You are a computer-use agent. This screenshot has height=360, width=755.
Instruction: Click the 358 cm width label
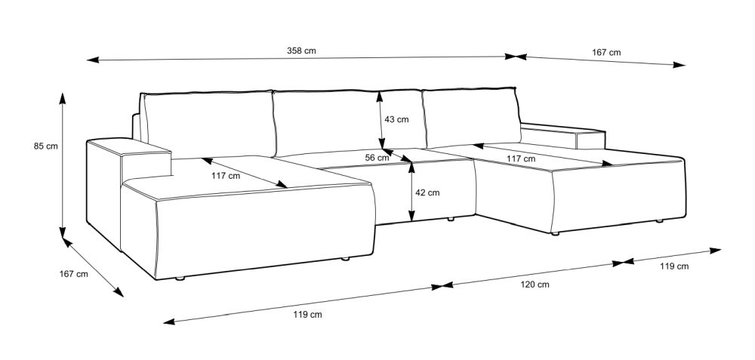point(301,51)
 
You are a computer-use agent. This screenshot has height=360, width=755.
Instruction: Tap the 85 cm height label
point(46,146)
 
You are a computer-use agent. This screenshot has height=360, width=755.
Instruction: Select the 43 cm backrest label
point(396,119)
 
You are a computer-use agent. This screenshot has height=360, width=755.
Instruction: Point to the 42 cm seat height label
point(427,193)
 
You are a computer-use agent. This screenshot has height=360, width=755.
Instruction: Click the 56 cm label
point(377,158)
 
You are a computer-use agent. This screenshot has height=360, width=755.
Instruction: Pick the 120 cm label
point(535,285)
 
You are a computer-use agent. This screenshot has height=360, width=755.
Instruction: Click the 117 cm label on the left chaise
point(225,176)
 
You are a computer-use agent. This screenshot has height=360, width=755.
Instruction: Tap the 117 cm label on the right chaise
point(520,158)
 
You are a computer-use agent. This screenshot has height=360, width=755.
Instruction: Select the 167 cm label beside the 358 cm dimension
point(606,53)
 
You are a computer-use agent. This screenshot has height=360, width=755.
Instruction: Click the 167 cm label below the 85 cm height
point(74,274)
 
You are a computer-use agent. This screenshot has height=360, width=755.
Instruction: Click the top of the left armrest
point(129,146)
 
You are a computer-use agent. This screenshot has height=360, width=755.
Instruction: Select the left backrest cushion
point(208,124)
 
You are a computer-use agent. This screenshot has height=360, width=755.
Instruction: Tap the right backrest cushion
point(471,117)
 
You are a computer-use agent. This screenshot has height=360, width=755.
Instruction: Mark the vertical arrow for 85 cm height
point(63,165)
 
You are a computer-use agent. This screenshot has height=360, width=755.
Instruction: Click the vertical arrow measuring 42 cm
point(411,191)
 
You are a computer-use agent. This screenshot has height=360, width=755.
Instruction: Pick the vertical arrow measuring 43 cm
point(381,120)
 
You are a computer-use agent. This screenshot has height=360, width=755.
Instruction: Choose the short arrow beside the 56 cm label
point(397,155)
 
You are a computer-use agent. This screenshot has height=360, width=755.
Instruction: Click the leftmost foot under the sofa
point(180,278)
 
